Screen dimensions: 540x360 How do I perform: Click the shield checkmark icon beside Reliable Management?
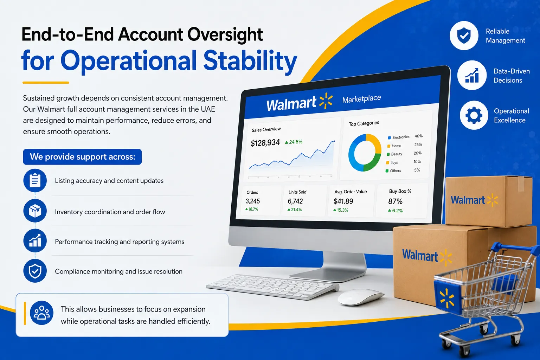pos(464,36)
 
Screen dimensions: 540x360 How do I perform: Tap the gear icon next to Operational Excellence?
pos(474,115)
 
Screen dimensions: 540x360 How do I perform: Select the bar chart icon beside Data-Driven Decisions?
pos(472,75)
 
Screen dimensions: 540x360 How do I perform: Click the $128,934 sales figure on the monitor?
pos(265,143)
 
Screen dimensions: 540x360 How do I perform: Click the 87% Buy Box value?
pos(396,201)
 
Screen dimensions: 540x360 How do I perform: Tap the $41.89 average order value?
pos(343,201)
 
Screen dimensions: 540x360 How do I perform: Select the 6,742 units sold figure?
pos(295,201)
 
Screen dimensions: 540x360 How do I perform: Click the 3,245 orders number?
pos(253,201)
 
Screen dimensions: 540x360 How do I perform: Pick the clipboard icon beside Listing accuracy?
pos(35,180)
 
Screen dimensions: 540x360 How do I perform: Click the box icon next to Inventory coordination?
pos(35,211)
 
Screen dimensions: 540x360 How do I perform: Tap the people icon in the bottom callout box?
pos(41,313)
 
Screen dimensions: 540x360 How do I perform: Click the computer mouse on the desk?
pos(361,297)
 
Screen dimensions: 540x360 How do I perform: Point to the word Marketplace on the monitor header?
pos(362,99)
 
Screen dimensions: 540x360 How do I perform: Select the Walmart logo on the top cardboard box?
pos(474,200)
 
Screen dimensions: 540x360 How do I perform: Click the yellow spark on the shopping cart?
pos(447,298)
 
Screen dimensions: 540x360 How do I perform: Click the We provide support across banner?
pos(83,157)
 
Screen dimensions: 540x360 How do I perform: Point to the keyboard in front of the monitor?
pos(272,287)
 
